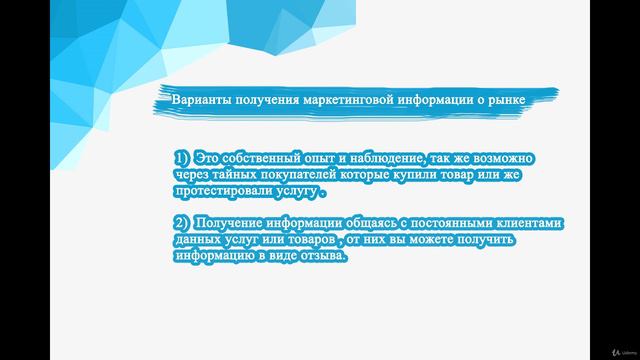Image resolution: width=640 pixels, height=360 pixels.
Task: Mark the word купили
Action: click(427, 174)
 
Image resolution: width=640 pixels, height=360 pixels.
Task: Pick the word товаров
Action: click(305, 239)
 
